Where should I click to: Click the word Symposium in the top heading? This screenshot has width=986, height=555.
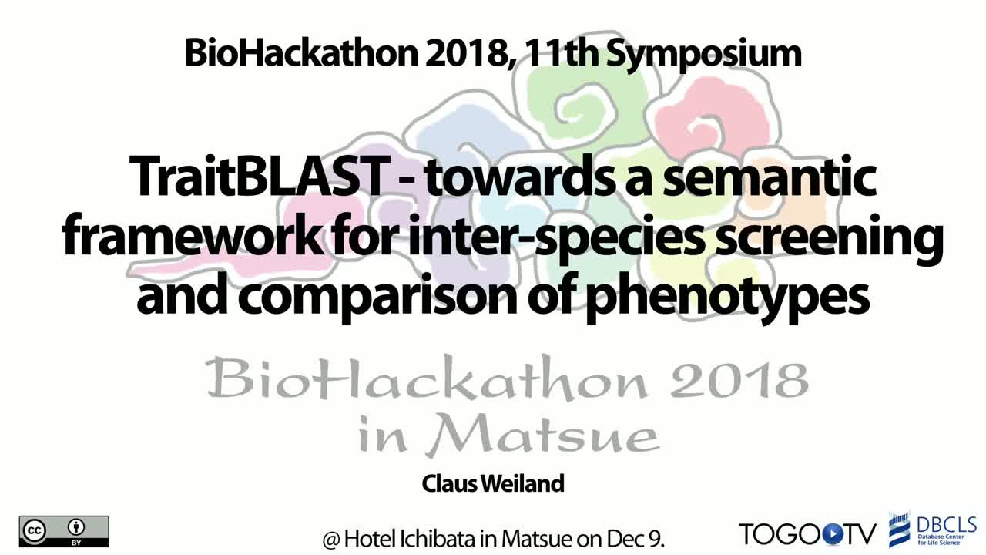(704, 55)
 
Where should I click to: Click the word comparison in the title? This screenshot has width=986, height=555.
(378, 298)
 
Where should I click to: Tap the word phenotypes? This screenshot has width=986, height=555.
(728, 298)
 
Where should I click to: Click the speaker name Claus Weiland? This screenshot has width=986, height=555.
(493, 483)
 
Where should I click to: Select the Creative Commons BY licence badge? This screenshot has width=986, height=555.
(64, 531)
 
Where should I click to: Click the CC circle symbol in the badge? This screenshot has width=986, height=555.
(35, 530)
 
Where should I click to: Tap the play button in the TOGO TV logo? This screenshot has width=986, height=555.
(830, 534)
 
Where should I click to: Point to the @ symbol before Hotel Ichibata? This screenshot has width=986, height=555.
(331, 539)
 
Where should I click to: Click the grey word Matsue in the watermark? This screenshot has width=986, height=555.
(542, 435)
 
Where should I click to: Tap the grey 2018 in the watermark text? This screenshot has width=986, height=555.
(739, 380)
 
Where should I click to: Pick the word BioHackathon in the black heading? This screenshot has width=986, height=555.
(301, 53)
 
